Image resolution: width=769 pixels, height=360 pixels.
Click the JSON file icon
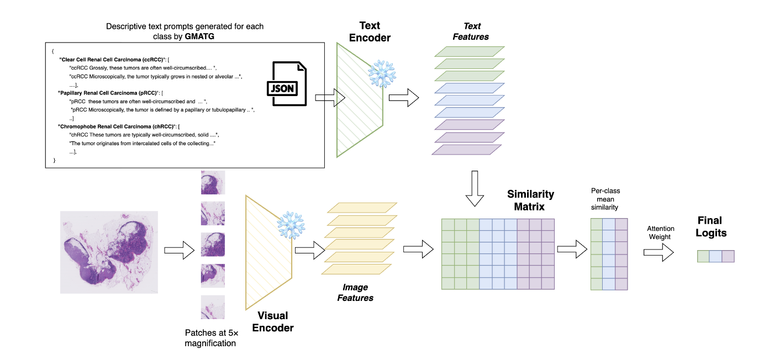(287, 84)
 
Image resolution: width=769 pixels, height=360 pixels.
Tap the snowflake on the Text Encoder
(380, 73)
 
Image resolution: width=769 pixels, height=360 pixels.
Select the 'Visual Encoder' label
(273, 321)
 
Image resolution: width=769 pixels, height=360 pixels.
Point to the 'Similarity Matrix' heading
(530, 200)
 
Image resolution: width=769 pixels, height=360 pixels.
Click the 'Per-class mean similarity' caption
(605, 199)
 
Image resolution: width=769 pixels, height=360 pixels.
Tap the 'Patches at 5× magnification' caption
(210, 338)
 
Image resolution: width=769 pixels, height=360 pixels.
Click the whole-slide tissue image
(109, 252)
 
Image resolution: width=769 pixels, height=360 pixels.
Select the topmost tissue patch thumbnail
(213, 182)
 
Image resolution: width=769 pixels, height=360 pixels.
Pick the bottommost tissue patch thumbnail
(213, 307)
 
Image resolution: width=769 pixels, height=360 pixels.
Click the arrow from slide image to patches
(180, 250)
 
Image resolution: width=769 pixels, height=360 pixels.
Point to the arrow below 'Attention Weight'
(659, 252)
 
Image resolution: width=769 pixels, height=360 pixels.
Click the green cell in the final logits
(703, 256)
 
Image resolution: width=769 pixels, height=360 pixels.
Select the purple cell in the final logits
(728, 256)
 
